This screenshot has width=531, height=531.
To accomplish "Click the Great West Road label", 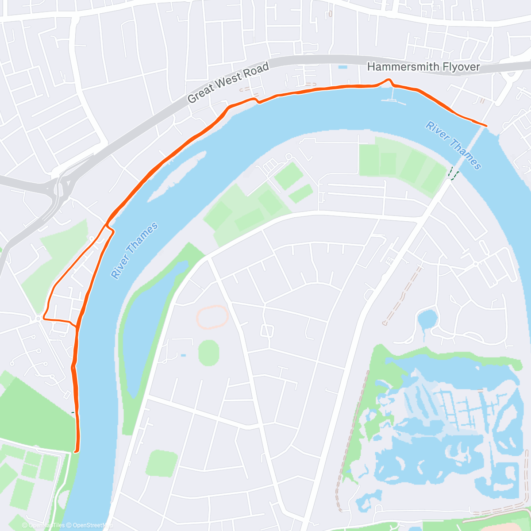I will (x=228, y=82).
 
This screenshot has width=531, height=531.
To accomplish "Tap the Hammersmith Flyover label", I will (x=423, y=67).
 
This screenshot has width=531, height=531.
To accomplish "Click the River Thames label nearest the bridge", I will (x=453, y=145).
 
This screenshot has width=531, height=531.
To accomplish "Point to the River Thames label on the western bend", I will (x=134, y=251).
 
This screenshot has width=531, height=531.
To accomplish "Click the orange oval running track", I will (x=212, y=317).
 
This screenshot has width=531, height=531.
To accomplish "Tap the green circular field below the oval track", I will (x=208, y=353).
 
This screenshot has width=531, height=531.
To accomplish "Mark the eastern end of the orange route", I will (x=486, y=126).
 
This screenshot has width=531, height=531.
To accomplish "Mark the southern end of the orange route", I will (x=76, y=451).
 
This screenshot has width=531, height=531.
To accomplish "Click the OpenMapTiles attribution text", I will (x=43, y=525).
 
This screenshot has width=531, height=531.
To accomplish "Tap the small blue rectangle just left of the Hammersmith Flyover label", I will (x=342, y=67).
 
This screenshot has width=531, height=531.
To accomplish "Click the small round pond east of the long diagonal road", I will (x=427, y=319).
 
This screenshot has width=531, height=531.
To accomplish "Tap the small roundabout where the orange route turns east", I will (x=39, y=318).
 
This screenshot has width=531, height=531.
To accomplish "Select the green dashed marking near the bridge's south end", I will (x=452, y=173).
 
